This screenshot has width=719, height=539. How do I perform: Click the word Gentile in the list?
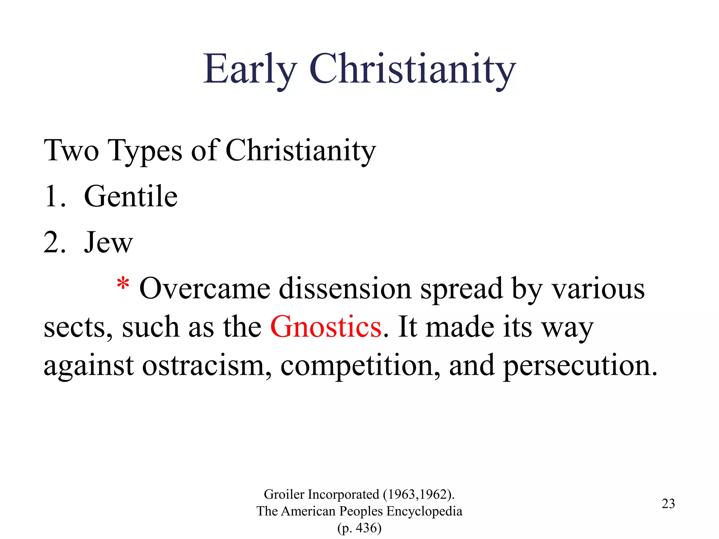pos(131,197)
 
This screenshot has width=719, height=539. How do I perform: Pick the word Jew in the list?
pos(108,242)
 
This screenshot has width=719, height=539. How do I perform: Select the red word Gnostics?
pos(325,327)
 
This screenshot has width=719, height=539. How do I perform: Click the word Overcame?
pos(205,288)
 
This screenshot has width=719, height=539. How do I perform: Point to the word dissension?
pos(345,288)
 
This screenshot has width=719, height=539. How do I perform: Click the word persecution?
pos(580,366)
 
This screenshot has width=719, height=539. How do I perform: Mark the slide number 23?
pos(668,504)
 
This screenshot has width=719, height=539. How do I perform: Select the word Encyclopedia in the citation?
pos(424,511)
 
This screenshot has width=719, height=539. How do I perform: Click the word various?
pos(598,288)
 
